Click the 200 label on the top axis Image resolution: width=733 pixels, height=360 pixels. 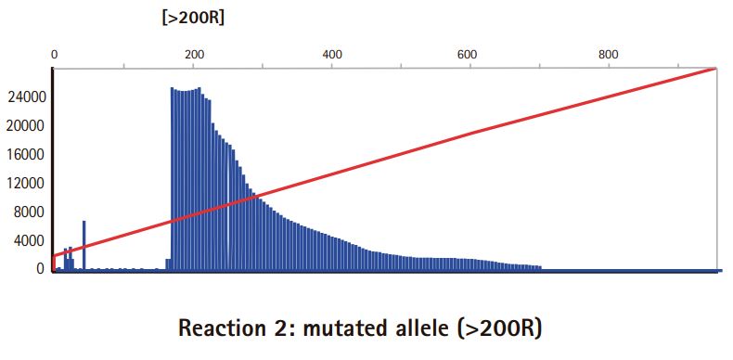point(194,55)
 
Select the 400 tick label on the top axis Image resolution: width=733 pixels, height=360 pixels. point(332,55)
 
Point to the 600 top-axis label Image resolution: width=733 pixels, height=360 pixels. point(470,55)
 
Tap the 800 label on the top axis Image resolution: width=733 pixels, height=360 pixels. point(609,55)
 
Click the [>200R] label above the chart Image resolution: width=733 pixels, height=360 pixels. point(193,19)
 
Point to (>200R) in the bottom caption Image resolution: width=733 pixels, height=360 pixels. point(500,329)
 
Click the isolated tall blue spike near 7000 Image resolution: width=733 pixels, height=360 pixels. point(84,245)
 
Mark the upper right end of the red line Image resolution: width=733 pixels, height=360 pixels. point(716,69)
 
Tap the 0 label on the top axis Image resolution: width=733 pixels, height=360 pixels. point(54,55)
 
